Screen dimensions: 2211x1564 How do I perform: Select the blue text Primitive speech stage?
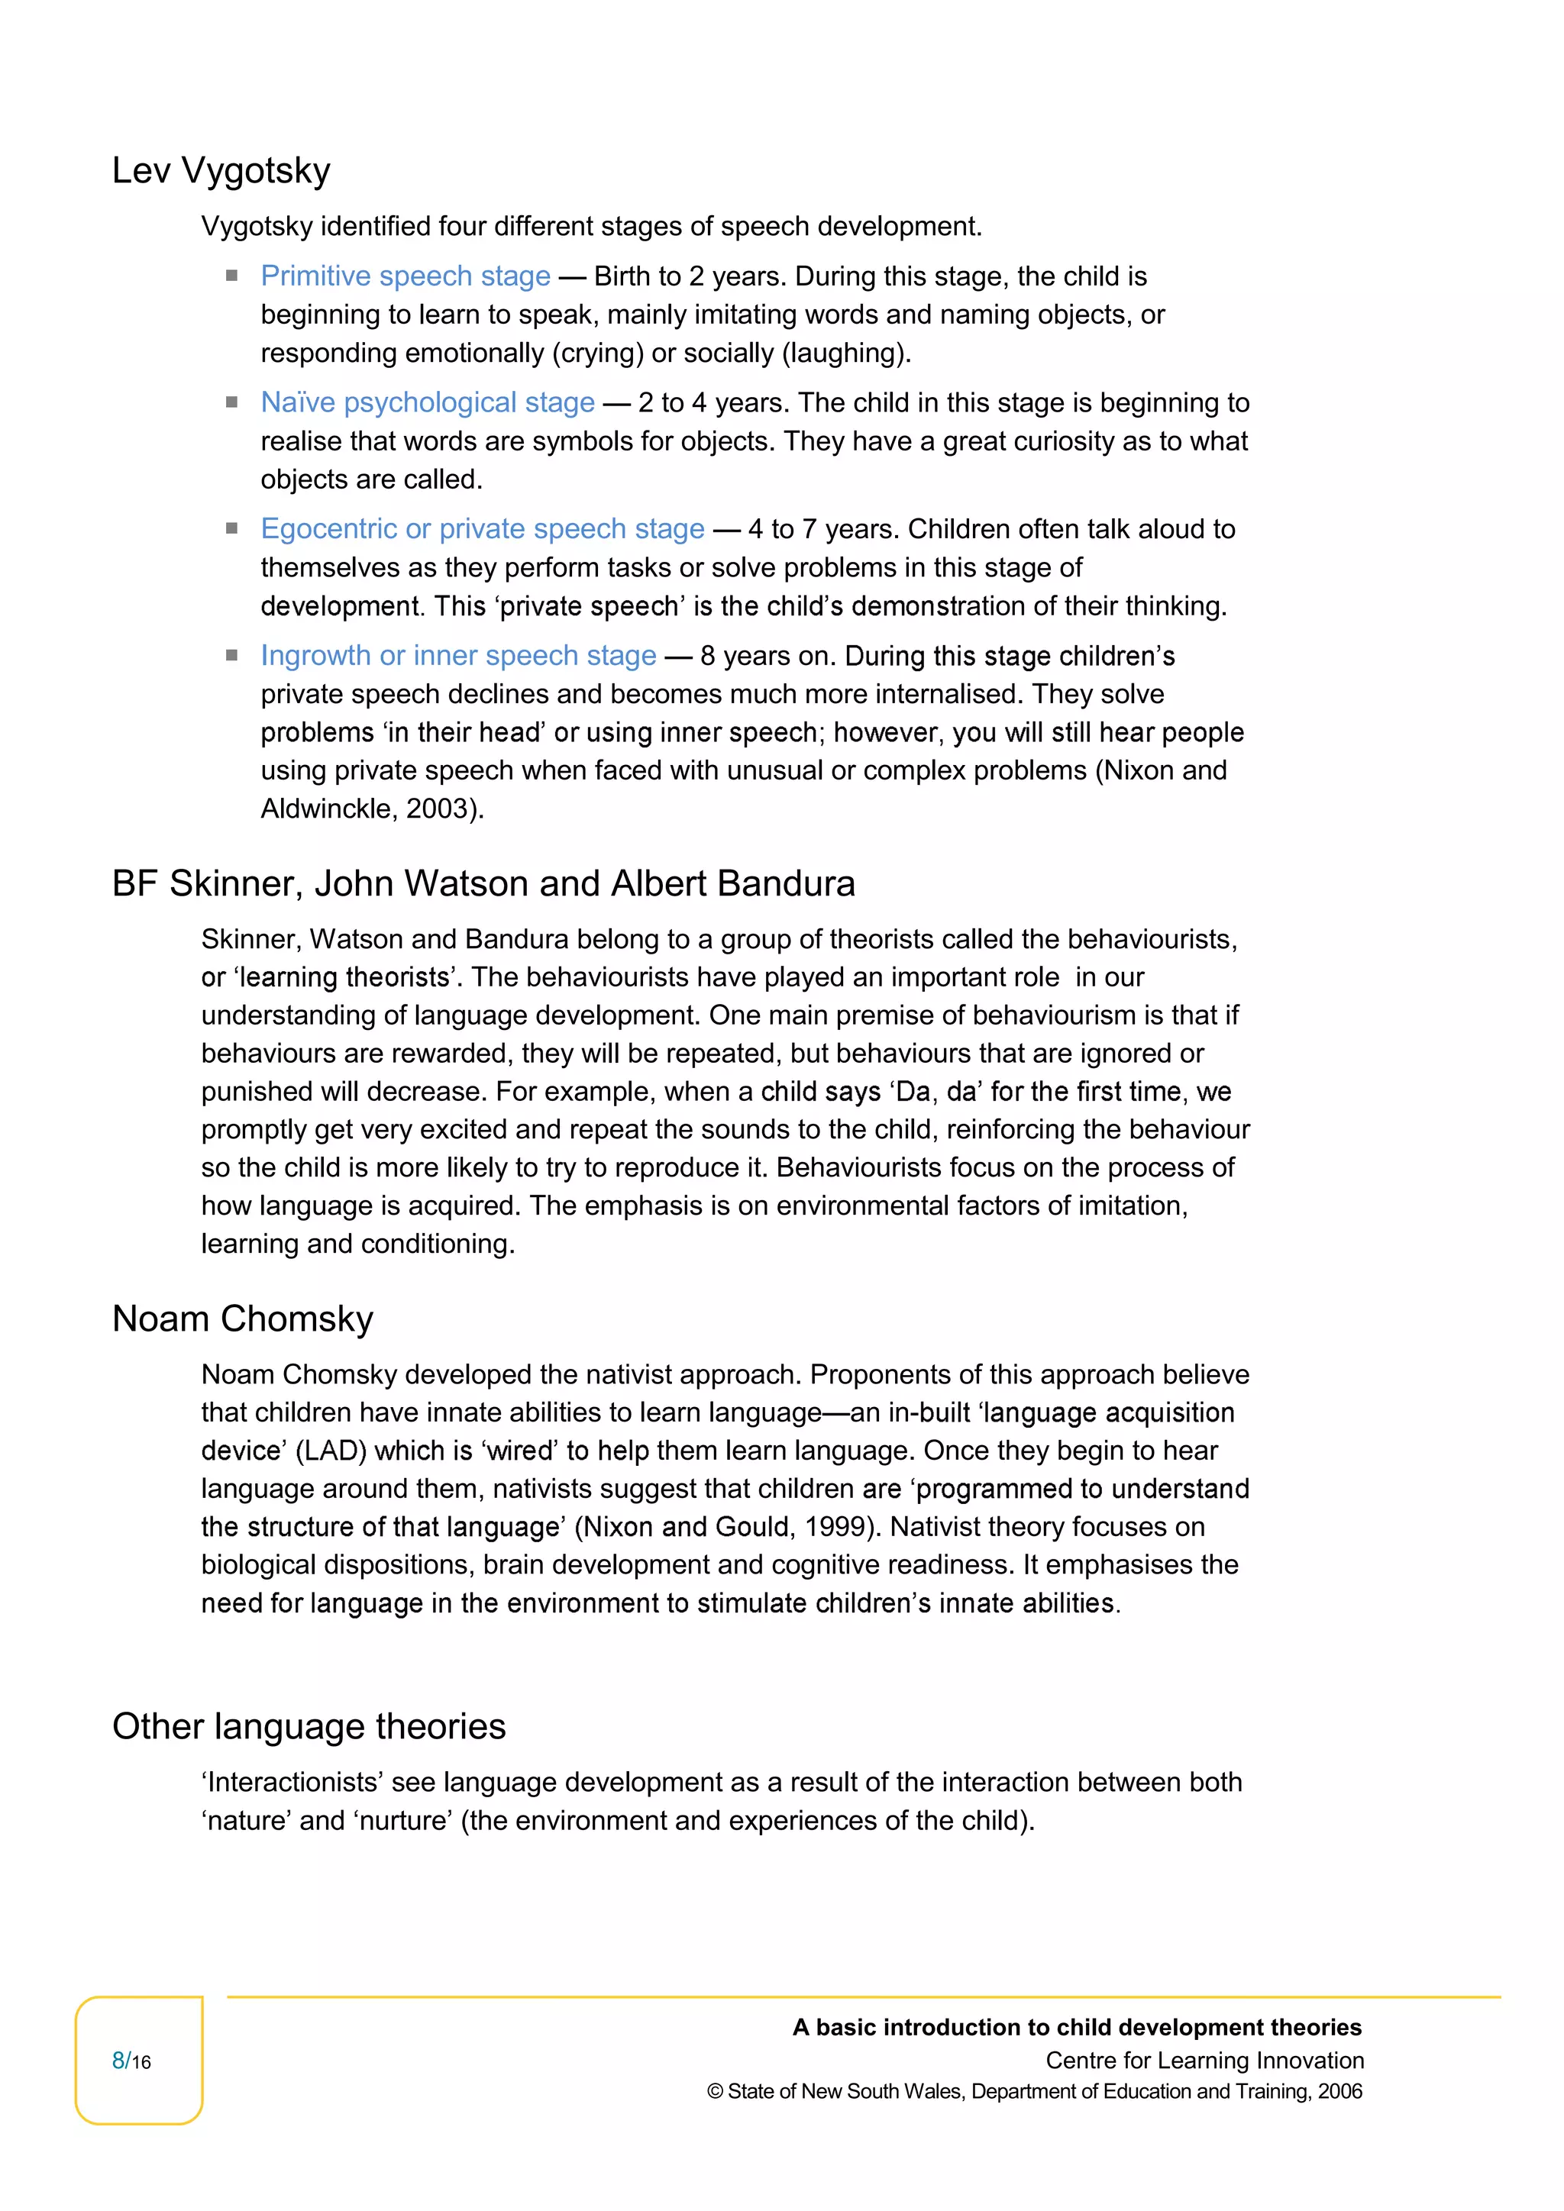pyautogui.click(x=406, y=276)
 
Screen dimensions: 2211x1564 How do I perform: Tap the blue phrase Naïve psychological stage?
pyautogui.click(x=428, y=402)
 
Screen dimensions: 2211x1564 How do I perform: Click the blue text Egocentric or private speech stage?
pyautogui.click(x=483, y=528)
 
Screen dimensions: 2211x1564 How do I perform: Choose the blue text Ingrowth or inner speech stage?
pyautogui.click(x=458, y=656)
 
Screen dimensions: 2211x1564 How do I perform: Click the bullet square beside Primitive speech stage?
pyautogui.click(x=232, y=276)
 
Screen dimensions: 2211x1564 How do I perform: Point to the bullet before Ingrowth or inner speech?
pyautogui.click(x=232, y=656)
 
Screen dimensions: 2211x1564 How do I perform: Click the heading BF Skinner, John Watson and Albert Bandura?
pyautogui.click(x=483, y=884)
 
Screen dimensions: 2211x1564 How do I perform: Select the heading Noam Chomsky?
pyautogui.click(x=243, y=1319)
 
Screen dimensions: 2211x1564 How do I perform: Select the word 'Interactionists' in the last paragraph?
pyautogui.click(x=292, y=1783)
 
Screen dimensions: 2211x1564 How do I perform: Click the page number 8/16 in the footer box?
pyautogui.click(x=132, y=2061)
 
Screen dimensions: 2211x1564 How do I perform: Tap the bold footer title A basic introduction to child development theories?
pyautogui.click(x=1077, y=2027)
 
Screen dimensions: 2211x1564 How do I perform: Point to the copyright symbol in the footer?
pyautogui.click(x=715, y=2092)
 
